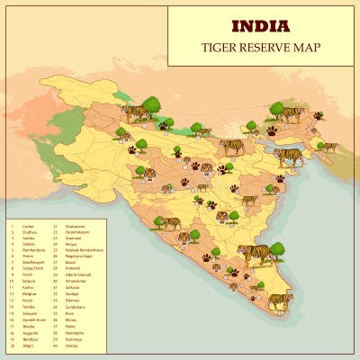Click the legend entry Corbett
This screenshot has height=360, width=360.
[26, 226]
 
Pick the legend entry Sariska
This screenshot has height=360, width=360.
[26, 238]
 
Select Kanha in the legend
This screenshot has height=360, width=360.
[25, 288]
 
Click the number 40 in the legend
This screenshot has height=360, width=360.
[55, 345]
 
